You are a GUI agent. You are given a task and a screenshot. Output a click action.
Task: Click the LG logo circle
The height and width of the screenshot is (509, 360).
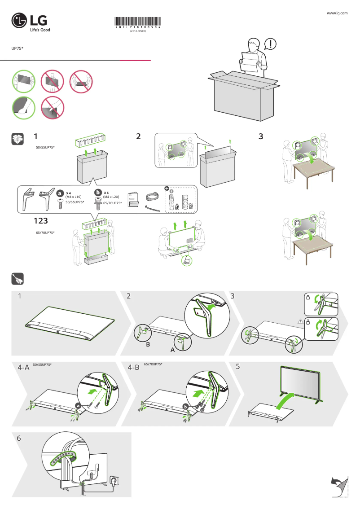[x=19, y=21]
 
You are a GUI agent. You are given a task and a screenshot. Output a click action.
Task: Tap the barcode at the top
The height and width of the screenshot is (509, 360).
[x=137, y=22]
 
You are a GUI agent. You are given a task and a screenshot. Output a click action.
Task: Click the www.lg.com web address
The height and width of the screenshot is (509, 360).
[x=338, y=13]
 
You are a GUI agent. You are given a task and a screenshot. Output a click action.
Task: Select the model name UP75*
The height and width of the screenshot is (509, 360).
[x=17, y=48]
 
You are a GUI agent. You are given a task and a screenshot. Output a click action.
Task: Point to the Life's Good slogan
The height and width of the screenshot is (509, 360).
[x=40, y=30]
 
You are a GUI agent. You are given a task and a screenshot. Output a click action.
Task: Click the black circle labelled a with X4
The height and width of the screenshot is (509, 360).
[x=60, y=193]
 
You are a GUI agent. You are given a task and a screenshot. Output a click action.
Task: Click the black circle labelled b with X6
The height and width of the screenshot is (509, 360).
[x=97, y=193]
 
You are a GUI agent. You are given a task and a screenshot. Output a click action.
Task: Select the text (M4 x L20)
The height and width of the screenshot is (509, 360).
[x=111, y=197]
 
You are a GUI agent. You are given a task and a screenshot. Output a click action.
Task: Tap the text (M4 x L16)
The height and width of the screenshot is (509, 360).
[x=73, y=197]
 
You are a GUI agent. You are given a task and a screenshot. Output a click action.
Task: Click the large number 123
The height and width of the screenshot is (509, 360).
[x=40, y=221]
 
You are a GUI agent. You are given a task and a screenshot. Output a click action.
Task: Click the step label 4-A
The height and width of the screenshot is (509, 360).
[x=23, y=367]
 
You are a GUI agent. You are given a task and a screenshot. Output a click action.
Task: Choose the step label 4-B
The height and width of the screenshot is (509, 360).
[x=134, y=367]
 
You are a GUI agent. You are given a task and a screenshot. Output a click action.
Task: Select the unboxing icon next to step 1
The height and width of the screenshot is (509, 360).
[x=17, y=139]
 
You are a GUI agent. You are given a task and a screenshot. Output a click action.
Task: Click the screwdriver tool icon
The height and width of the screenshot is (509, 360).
[x=17, y=279]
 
